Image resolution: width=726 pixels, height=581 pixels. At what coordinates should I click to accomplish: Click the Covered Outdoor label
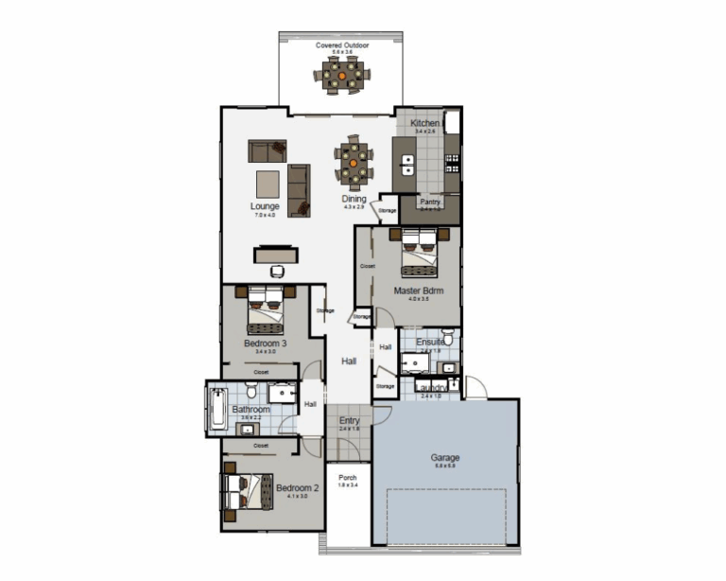tap(342, 44)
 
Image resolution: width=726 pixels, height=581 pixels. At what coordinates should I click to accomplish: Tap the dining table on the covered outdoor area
tap(343, 75)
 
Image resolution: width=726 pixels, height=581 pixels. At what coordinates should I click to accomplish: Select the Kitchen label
tap(424, 124)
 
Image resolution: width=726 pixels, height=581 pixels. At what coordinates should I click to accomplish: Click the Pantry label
tap(431, 202)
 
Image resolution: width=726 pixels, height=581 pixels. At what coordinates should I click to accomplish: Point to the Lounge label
tap(265, 206)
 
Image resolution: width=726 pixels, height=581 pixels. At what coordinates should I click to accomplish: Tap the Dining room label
tap(354, 200)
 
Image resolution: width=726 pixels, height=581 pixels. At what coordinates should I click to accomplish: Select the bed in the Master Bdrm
tap(419, 253)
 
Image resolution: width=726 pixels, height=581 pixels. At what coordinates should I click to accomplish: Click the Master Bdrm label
tap(419, 290)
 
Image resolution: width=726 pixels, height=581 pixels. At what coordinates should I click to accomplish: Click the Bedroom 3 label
tap(266, 343)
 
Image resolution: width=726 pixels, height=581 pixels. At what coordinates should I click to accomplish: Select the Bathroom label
tap(251, 410)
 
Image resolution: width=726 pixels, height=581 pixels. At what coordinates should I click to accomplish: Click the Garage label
tap(444, 458)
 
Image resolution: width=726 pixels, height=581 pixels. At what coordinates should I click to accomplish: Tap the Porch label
tap(348, 478)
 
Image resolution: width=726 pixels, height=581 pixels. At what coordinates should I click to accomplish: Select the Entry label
tap(350, 420)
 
